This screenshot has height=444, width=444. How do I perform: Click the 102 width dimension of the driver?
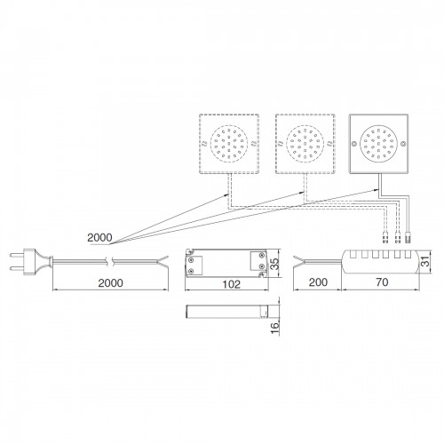coord(232,284)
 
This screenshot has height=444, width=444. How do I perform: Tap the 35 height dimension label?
coord(274,264)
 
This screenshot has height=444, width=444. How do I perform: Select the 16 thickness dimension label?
coord(274,328)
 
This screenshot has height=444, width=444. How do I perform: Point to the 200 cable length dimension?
coord(318,282)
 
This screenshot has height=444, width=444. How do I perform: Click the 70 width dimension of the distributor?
coord(382,282)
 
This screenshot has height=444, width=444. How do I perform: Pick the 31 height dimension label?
coord(425,262)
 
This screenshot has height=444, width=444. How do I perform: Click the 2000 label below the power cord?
coord(110,283)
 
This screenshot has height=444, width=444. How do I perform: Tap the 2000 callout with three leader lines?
coord(99,237)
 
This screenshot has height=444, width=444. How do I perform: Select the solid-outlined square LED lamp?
coord(379,144)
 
